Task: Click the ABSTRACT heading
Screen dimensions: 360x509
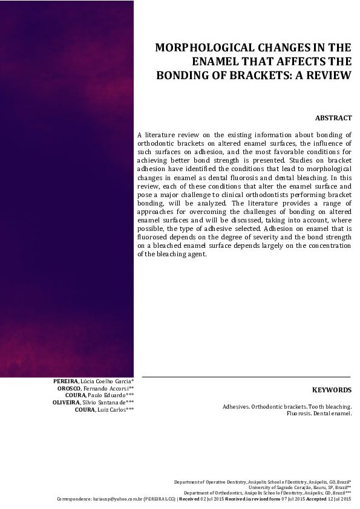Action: click(333, 118)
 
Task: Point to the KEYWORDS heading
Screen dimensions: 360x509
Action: click(332, 391)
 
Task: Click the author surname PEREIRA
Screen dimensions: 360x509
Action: click(65, 381)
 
